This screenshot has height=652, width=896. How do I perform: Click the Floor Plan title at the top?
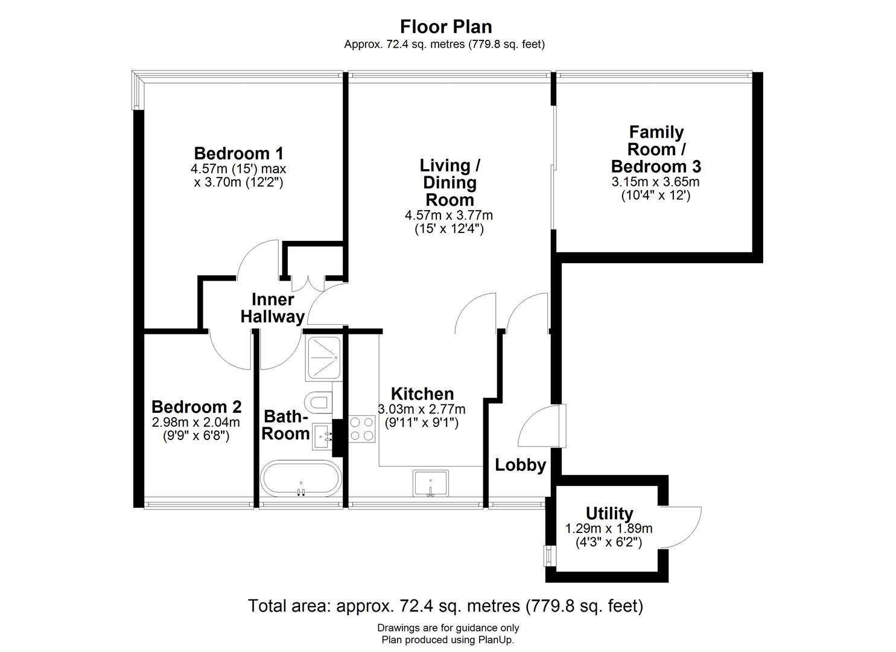pyautogui.click(x=446, y=27)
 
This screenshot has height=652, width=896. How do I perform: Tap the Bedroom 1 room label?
pyautogui.click(x=238, y=153)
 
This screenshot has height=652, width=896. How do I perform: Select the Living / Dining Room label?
pyautogui.click(x=450, y=182)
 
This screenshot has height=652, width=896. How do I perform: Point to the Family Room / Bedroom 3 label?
pyautogui.click(x=656, y=149)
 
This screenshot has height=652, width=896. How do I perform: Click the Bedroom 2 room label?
pyautogui.click(x=197, y=406)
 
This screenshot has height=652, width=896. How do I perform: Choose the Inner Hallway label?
pyautogui.click(x=273, y=308)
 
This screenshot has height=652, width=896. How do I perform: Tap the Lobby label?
pyautogui.click(x=520, y=465)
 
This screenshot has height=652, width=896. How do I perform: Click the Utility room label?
pyautogui.click(x=609, y=513)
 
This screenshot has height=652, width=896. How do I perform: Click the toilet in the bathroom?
pyautogui.click(x=318, y=401)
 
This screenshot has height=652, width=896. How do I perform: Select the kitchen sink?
pyautogui.click(x=431, y=483)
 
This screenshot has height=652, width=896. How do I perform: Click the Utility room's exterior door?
pyautogui.click(x=682, y=526)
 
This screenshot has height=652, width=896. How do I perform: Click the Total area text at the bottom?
pyautogui.click(x=445, y=606)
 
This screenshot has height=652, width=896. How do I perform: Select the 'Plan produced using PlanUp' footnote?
pyautogui.click(x=448, y=640)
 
